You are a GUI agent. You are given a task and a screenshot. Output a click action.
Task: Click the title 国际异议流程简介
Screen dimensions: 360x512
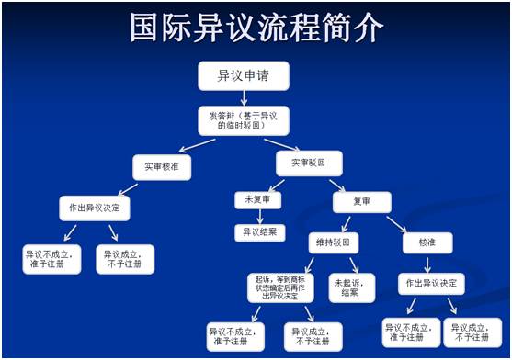point(256,28)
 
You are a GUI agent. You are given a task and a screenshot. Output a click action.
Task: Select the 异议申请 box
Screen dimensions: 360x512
point(243,76)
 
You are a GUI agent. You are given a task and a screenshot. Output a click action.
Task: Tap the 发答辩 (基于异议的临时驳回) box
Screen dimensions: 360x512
point(243,119)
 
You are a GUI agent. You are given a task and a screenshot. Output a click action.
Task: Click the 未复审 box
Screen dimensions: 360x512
point(257,199)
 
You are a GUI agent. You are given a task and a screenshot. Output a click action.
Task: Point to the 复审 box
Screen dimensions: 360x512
point(360,202)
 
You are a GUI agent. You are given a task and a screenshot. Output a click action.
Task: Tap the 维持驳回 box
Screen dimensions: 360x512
point(333,243)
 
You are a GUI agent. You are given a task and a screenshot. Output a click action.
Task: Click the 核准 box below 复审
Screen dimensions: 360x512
point(427,243)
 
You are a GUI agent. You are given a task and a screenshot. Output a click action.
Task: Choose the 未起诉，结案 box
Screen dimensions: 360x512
point(352,287)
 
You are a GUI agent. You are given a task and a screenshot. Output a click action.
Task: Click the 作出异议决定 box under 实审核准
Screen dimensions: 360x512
point(96,208)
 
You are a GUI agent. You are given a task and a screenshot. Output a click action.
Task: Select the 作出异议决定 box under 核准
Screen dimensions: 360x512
point(430,283)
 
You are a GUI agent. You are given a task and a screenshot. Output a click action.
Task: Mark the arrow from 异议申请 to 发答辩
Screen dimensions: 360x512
point(243,97)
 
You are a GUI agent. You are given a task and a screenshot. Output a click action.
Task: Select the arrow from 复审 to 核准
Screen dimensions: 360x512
point(396,223)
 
